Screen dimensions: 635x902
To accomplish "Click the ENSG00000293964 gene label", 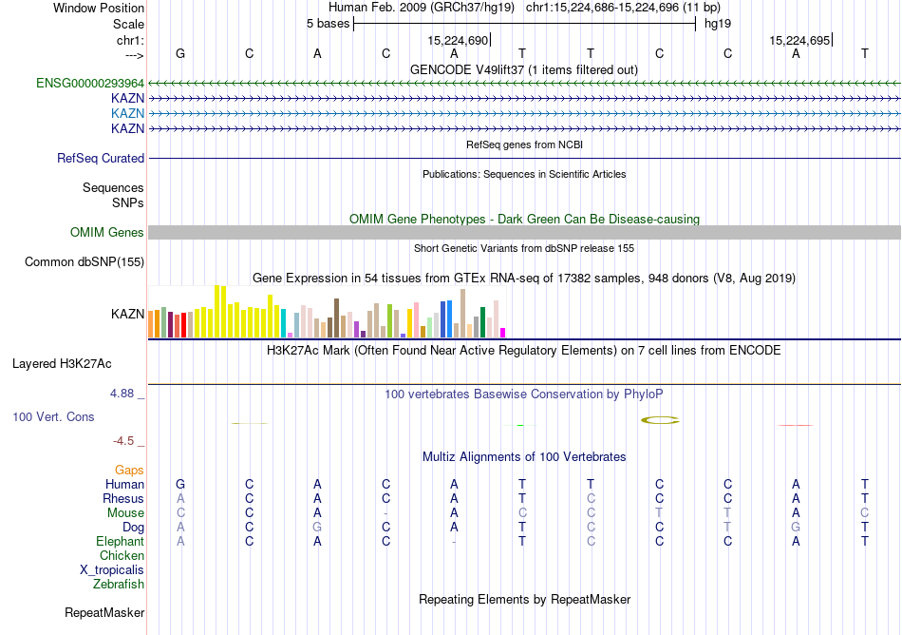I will [x=89, y=84].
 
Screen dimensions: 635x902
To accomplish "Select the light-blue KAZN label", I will [x=127, y=113].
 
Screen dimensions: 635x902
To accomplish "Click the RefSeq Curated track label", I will [x=101, y=159].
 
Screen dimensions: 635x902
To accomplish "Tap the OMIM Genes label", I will [x=107, y=233].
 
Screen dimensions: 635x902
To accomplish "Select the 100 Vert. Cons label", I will [x=53, y=417].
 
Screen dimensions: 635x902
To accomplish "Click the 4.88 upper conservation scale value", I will [x=124, y=393].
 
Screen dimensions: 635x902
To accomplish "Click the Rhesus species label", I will [x=123, y=499].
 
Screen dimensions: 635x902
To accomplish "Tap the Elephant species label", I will [x=120, y=542].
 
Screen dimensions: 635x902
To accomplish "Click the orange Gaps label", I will [x=129, y=471].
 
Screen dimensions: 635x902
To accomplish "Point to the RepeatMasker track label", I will [x=104, y=613].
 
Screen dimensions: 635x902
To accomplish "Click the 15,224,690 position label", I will [x=458, y=41].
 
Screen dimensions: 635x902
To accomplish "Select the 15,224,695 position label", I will [x=799, y=41].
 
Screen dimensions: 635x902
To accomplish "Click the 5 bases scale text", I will [x=328, y=24].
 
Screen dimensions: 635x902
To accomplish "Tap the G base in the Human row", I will [x=180, y=485].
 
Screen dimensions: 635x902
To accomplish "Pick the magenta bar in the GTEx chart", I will [x=503, y=332].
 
